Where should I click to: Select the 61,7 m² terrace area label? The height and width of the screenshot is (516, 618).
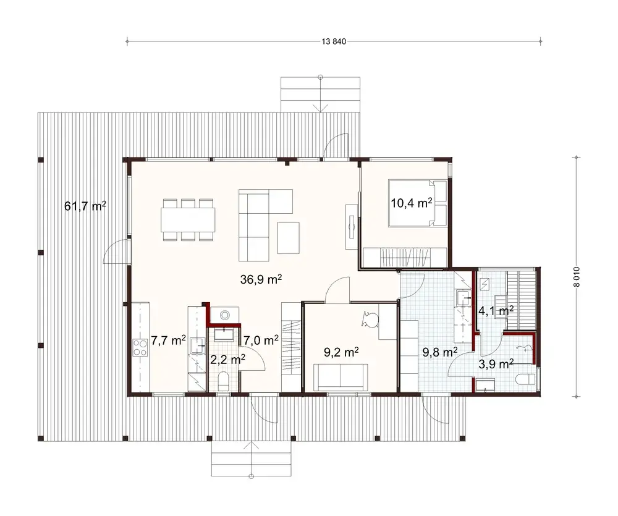pos(85,206)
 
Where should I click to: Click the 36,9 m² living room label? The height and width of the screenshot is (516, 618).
pos(261,279)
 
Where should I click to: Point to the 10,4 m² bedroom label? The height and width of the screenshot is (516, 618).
pos(411,203)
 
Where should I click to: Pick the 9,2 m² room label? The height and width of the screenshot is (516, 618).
pos(342,353)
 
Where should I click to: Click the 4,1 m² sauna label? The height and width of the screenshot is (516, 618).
pos(497,311)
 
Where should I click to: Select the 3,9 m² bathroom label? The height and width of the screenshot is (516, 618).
pos(497,364)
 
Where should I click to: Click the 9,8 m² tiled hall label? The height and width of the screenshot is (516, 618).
pos(439,353)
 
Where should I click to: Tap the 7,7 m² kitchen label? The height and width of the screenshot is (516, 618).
pos(169,340)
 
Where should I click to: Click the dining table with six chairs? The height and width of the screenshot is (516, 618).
pos(188,219)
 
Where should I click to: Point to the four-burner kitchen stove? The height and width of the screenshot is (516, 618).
pos(140,349)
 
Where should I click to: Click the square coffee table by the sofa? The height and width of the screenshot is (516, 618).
pos(288,237)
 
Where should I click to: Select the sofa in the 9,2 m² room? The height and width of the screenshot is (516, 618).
pos(341,376)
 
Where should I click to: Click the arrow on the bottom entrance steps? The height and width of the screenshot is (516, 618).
pos(251,447)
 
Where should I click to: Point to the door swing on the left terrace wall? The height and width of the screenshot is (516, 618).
pos(116,252)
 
